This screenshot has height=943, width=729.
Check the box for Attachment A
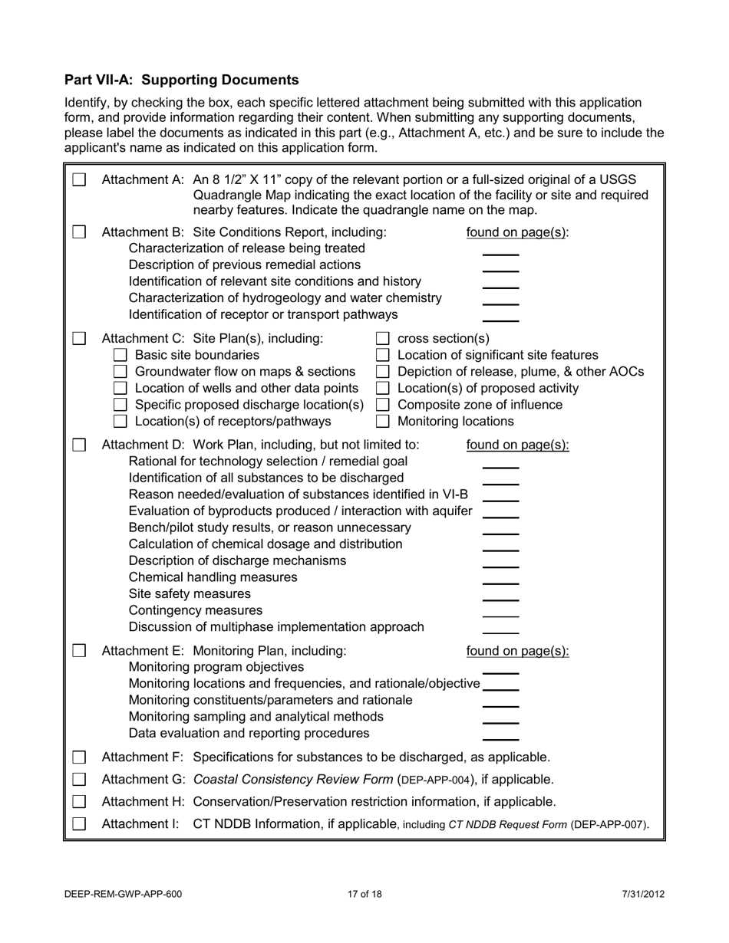coord(79,179)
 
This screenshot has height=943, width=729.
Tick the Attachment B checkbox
coord(79,232)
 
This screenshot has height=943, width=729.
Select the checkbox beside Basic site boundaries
coord(120,355)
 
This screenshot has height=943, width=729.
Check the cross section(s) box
coord(383,339)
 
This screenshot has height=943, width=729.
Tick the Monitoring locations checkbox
coord(383,421)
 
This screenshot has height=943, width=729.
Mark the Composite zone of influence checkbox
coord(383,405)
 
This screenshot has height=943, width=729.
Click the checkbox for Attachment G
coord(79,780)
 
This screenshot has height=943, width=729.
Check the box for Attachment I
coord(79,824)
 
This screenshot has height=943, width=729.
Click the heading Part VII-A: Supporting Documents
coord(182,80)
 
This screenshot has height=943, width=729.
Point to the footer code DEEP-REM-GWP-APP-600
coord(124,894)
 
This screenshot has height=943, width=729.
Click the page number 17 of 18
coord(364,894)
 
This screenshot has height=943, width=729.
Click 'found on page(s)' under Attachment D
coord(518,445)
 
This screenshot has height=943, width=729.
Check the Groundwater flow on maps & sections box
coord(120,372)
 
